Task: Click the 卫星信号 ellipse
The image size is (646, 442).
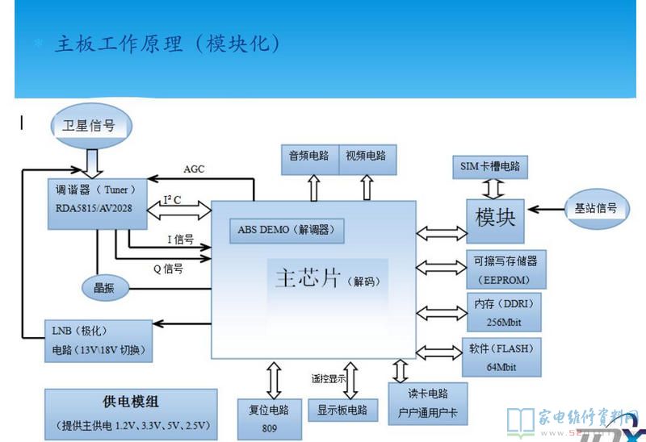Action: click(89, 126)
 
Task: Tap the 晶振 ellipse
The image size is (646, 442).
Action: click(104, 288)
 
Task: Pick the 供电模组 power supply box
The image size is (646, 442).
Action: click(132, 412)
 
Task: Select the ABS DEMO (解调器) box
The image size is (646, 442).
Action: click(287, 231)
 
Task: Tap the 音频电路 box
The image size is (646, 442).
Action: click(308, 156)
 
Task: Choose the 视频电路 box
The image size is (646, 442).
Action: click(366, 156)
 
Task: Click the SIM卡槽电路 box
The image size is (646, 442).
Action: click(490, 168)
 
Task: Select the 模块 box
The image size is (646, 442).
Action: click(495, 219)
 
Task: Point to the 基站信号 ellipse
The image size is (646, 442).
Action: click(596, 209)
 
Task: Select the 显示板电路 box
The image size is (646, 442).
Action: click(342, 410)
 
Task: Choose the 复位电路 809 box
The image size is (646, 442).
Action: click(269, 418)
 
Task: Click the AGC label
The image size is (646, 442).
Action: click(195, 169)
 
